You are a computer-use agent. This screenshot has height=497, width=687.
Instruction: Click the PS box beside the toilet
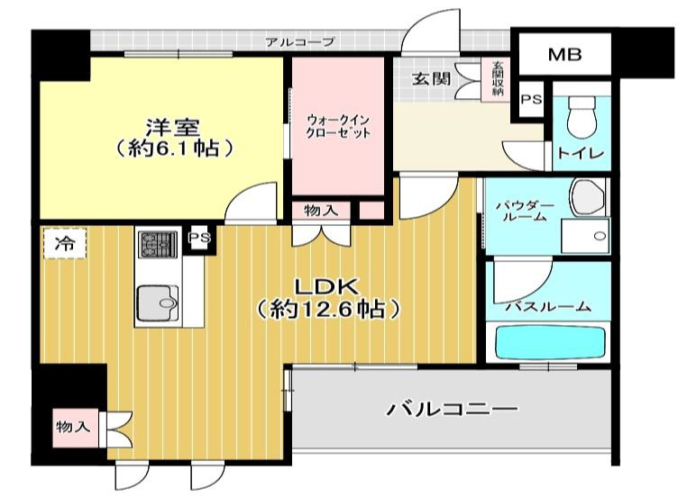531,99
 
